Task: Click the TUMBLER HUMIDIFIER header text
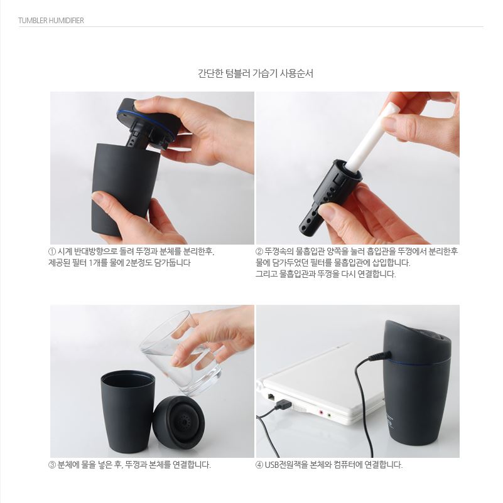[x=51, y=21]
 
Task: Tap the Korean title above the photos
[x=256, y=73]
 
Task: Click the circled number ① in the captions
[x=52, y=251]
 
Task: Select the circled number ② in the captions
[x=259, y=251]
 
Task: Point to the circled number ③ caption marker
[x=52, y=465]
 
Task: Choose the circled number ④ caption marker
[x=259, y=465]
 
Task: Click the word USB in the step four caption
[x=272, y=465]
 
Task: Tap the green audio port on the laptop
[x=329, y=415]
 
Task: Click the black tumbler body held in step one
[x=125, y=189]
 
